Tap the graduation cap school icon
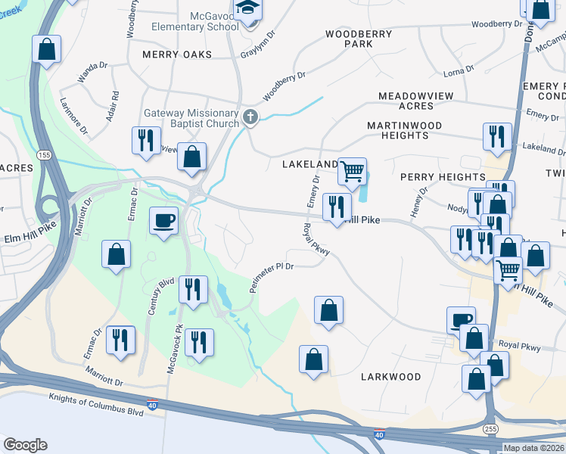pyautogui.click(x=247, y=9)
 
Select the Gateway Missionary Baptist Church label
pyautogui.click(x=191, y=119)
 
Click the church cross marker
pyautogui.click(x=250, y=117)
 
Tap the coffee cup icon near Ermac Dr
pyautogui.click(x=163, y=221)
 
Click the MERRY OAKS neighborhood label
pyautogui.click(x=177, y=54)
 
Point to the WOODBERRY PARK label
pyautogui.click(x=359, y=39)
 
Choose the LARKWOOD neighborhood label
pyautogui.click(x=390, y=376)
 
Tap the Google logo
pyautogui.click(x=25, y=445)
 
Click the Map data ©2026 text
pyautogui.click(x=533, y=448)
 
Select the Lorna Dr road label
pyautogui.click(x=459, y=71)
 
